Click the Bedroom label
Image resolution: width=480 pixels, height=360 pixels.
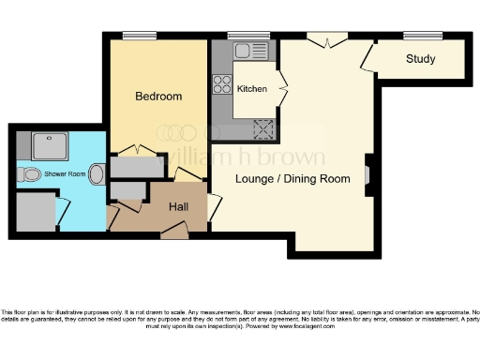click(157, 97)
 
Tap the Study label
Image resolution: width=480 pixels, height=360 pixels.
click(421, 59)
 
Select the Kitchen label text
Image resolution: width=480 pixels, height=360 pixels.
click(252, 89)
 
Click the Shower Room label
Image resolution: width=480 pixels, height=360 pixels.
click(66, 173)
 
